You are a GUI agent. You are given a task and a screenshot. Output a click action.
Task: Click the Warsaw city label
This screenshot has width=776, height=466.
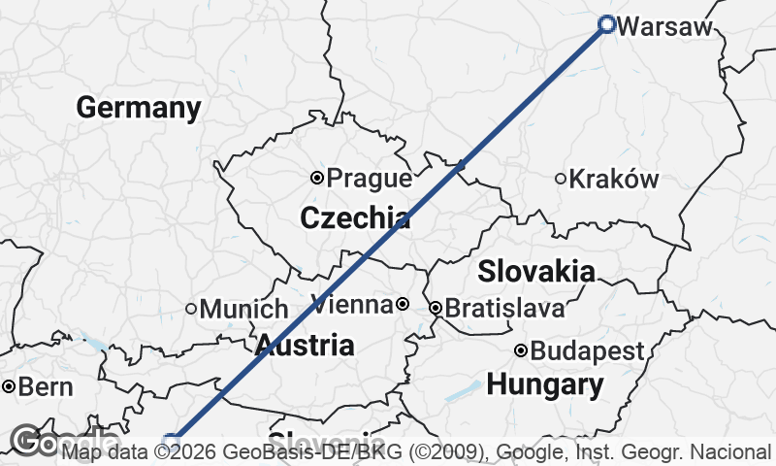[664, 26]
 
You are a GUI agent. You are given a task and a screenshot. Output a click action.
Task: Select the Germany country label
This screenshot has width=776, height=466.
[139, 108]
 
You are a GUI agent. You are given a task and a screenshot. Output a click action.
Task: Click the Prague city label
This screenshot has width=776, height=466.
[369, 179]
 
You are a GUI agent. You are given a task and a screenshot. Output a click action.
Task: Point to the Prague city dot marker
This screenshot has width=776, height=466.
[316, 178]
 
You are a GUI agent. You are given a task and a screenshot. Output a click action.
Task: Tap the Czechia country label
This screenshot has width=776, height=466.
[354, 218]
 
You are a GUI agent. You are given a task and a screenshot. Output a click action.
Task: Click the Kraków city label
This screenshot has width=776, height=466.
[613, 179]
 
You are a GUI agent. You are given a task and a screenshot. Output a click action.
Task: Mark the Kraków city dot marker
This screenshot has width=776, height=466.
[561, 178]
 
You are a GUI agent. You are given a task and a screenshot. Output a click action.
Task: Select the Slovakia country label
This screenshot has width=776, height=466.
[536, 271]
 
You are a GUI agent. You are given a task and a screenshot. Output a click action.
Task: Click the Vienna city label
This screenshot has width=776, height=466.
[352, 305]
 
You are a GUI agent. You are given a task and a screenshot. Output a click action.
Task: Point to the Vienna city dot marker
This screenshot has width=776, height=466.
[403, 305]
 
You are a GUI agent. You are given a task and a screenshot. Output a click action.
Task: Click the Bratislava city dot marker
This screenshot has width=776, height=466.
[436, 308]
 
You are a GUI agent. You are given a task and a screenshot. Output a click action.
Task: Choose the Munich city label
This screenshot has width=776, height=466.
[243, 310]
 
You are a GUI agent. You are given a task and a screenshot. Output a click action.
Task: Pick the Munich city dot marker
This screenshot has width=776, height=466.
[191, 309]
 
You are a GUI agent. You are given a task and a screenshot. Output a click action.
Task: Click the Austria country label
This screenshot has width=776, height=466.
[305, 345]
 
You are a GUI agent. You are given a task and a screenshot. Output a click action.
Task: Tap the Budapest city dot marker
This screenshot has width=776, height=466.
[521, 350]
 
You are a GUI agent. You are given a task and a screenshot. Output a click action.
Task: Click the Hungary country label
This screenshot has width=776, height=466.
[544, 384]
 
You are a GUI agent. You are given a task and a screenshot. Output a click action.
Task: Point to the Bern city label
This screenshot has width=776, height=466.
[46, 387]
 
